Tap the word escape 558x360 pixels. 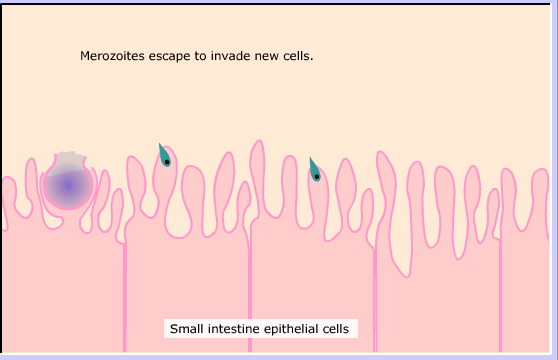169,57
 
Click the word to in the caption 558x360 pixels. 201,56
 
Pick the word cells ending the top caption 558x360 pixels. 298,56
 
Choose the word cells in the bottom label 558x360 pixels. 336,329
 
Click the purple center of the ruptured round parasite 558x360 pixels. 68,185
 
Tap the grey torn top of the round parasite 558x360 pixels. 70,160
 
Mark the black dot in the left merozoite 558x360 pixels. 167,162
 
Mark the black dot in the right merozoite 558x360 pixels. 317,176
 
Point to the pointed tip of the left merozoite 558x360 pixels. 159,143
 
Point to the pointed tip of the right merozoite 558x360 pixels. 310,157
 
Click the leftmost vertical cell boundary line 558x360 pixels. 125,297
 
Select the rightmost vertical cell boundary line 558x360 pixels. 500,295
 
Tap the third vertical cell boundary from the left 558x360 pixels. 375,301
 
